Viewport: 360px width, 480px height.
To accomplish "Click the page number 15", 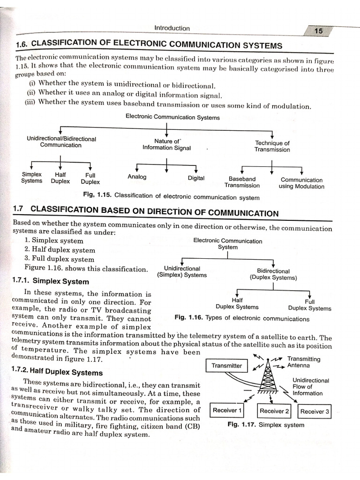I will (318, 31).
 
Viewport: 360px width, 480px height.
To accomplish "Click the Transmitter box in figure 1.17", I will (227, 366).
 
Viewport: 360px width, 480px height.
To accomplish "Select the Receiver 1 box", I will (227, 411).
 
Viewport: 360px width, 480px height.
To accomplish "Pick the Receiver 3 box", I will (315, 412).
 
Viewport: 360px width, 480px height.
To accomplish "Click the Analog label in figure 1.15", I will (137, 177).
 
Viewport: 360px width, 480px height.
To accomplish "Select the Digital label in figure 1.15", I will (196, 178).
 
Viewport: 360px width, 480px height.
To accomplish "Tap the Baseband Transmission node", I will (242, 182).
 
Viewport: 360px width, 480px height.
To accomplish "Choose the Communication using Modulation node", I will (301, 183).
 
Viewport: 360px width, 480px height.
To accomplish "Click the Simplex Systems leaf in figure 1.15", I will (31, 177).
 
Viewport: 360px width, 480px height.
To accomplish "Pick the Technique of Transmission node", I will (272, 146).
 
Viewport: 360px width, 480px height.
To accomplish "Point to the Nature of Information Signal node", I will (167, 144).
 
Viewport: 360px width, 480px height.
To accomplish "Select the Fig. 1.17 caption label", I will (240, 425).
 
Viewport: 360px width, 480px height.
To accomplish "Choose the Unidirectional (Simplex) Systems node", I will (182, 272).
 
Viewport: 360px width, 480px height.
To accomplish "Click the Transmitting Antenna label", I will (304, 362).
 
